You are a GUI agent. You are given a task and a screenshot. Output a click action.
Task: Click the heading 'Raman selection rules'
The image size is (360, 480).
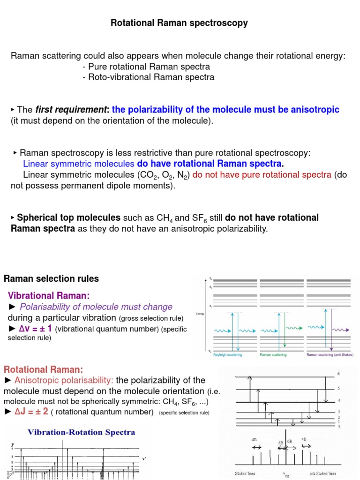51,279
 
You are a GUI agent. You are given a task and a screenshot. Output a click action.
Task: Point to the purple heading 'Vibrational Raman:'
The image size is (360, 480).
48,296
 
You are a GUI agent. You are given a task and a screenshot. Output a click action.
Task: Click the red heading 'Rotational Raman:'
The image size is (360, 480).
43,370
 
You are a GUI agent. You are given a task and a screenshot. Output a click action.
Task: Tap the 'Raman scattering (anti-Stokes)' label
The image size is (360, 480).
330,355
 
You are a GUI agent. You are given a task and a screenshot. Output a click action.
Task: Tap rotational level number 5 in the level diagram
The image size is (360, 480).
338,389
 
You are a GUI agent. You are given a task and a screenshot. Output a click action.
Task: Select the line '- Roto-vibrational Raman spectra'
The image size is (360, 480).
148,77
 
